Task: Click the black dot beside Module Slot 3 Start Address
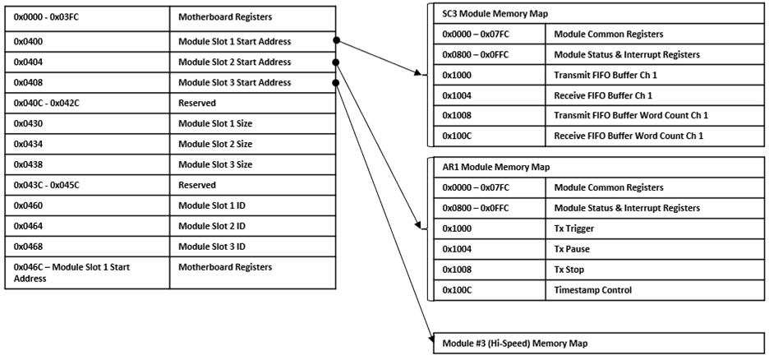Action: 336,82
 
